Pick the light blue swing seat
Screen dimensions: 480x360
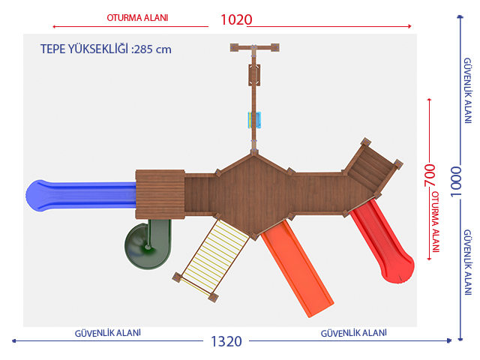pos(254,120)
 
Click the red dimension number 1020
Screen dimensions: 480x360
pos(236,20)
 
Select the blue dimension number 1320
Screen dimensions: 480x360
pos(226,341)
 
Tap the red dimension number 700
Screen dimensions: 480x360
pos(429,175)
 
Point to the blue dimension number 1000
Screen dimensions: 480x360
pos(456,181)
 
